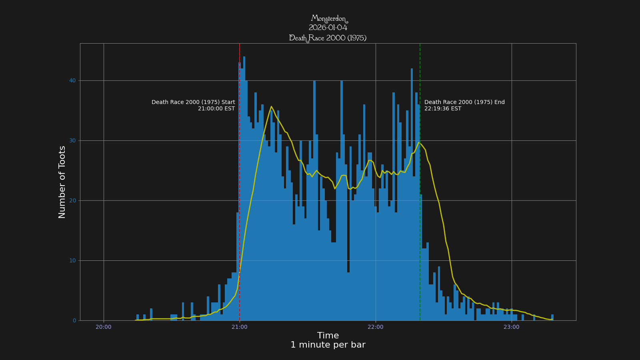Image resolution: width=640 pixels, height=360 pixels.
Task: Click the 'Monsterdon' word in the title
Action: (x=329, y=18)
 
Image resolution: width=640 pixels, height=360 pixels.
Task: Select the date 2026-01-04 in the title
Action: (x=328, y=28)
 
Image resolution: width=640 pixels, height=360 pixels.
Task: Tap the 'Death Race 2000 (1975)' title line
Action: (x=328, y=38)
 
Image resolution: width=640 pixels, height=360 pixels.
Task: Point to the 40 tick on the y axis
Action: (x=72, y=81)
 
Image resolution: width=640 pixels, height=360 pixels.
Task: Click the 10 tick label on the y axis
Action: (x=72, y=261)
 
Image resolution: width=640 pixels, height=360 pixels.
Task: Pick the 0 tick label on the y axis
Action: (x=74, y=321)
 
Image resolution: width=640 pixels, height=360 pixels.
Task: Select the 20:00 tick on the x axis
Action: (x=104, y=327)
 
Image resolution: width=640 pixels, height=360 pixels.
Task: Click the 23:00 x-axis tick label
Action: (x=512, y=327)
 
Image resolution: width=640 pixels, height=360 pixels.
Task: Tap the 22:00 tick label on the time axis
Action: (x=376, y=327)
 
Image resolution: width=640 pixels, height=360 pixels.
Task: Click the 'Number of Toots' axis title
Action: (x=62, y=182)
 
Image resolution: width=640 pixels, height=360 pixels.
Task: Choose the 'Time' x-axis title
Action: (x=328, y=336)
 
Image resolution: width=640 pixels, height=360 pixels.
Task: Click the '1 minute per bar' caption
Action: (x=328, y=345)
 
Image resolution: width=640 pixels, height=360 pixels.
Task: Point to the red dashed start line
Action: (x=240, y=180)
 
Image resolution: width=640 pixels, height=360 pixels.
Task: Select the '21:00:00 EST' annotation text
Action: (x=216, y=109)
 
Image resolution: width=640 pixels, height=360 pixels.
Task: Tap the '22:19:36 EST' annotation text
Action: (x=443, y=109)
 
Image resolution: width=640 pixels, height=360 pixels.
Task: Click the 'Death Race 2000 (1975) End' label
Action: (x=464, y=102)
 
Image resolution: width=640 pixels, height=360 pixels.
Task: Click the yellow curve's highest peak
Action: (x=271, y=106)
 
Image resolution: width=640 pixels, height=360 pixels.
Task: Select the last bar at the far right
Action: (x=552, y=318)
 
